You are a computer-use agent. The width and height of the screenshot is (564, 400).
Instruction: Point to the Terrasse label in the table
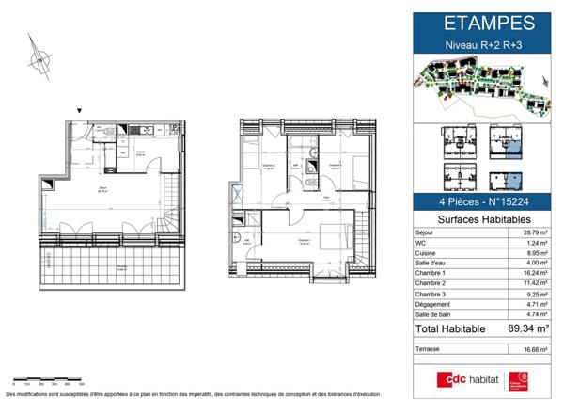point(431,348)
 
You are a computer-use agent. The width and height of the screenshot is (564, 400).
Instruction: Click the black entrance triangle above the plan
point(80,110)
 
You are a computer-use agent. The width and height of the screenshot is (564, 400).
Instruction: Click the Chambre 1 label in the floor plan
point(304,240)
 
